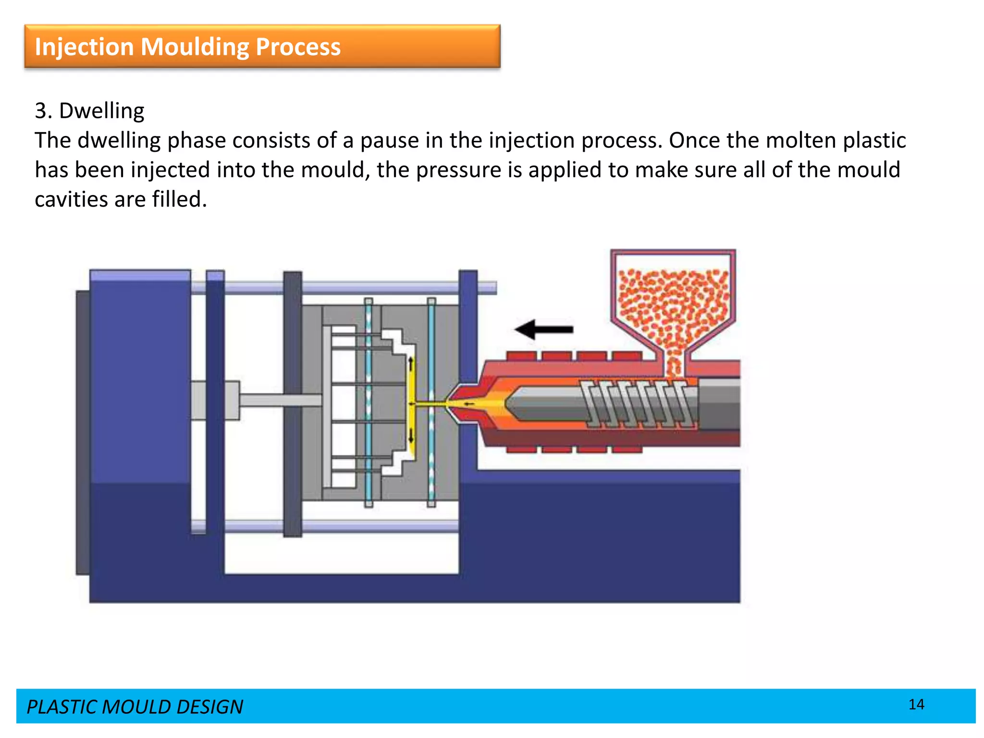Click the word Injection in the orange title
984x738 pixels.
tap(84, 47)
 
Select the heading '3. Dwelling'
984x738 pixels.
tap(89, 111)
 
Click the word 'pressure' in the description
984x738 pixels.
tap(458, 170)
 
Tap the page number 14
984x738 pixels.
tap(916, 704)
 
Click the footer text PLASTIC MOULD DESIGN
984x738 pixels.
tap(135, 707)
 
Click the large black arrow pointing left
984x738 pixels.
tap(543, 330)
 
